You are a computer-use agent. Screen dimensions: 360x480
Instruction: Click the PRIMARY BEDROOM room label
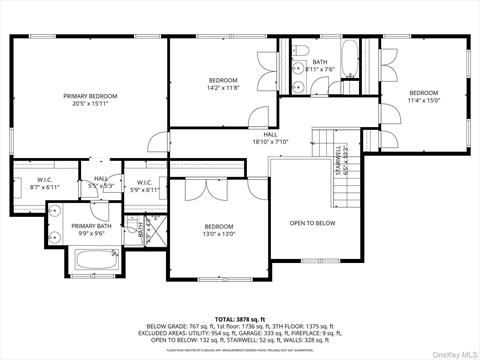[x=90, y=96]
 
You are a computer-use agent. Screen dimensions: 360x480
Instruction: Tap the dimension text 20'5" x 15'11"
[x=90, y=104]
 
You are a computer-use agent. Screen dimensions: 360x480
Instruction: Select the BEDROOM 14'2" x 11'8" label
[x=223, y=84]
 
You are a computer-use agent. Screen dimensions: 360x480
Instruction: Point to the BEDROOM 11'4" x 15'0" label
[x=424, y=96]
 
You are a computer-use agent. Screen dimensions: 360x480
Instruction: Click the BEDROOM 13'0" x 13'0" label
[x=219, y=230]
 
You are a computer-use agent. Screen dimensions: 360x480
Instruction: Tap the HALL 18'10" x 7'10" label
[x=270, y=138]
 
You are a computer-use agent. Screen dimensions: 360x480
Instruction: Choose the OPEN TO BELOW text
[x=312, y=223]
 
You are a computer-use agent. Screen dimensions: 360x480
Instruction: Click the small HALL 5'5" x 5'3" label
[x=101, y=183]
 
